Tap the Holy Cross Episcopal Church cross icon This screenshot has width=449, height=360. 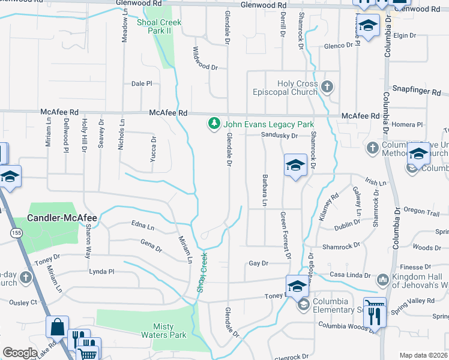tap(327, 88)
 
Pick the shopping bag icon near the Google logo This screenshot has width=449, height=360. tap(58, 328)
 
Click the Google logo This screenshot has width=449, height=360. tap(20, 352)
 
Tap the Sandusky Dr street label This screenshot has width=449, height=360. tap(279, 136)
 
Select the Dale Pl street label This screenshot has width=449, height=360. tap(142, 84)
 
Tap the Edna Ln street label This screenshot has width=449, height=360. tap(142, 226)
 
